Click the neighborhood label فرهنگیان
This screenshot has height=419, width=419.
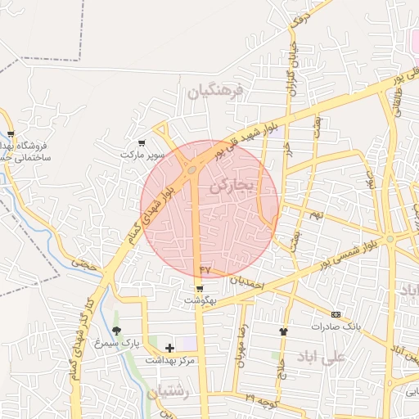coord(216,92)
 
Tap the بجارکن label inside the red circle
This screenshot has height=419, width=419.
coord(232,187)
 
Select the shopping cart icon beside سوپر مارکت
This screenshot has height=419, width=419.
coord(142,142)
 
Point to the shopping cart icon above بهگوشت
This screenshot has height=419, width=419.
coord(199,289)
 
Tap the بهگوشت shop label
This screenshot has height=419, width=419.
coord(199,301)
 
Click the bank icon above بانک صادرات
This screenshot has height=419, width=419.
coord(336,314)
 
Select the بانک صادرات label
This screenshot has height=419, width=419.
coord(336,326)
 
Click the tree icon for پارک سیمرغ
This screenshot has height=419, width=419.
coord(115,331)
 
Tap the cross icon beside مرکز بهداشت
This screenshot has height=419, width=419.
coord(169,349)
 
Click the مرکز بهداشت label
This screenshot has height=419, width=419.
coord(169,360)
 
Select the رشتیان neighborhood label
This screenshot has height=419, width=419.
coord(169,394)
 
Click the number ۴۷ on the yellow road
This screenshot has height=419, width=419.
coord(205,268)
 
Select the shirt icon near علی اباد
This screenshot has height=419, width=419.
coord(284,331)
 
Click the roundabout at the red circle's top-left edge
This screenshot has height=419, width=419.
coord(191,170)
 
